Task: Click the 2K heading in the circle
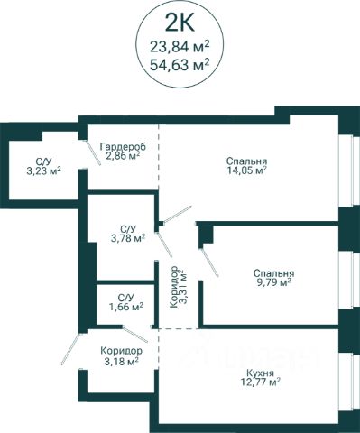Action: pos(180,23)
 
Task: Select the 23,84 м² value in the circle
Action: pos(180,47)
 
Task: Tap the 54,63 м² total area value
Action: pos(180,64)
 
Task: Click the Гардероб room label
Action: pos(123,147)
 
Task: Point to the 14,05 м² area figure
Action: pos(247,170)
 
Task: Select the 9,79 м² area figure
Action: pos(273,282)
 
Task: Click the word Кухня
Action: pos(260,373)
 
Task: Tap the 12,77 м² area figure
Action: pos(261,382)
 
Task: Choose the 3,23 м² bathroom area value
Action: pos(44,171)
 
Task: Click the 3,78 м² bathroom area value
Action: pos(128,239)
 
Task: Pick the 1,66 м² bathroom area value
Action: pos(125,307)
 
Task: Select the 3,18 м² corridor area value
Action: pos(121,360)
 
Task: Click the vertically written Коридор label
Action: pos(173,287)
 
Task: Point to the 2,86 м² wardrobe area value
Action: pos(123,156)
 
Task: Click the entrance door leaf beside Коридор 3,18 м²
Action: pos(70,349)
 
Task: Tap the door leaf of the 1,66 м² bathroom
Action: pos(135,335)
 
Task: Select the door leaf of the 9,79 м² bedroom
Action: pos(210,262)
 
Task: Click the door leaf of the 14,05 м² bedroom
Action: pos(178,215)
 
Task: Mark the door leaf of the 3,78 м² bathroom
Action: pos(165,244)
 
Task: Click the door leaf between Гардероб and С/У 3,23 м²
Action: pos(93,152)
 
